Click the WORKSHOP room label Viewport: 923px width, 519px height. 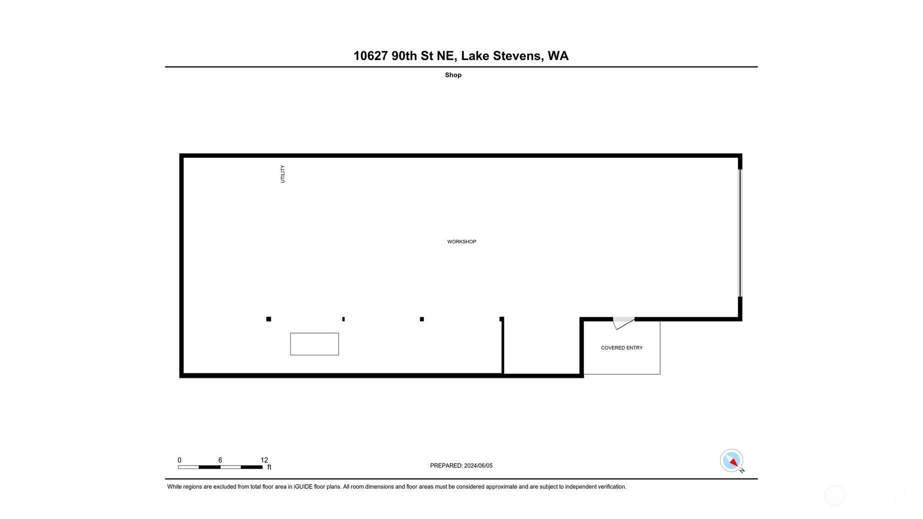(x=461, y=242)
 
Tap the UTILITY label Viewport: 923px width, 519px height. (x=282, y=174)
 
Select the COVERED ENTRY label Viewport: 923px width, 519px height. (x=622, y=348)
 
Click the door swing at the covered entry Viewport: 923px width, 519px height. (x=624, y=323)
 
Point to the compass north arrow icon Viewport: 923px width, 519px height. (x=732, y=461)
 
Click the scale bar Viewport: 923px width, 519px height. (x=220, y=467)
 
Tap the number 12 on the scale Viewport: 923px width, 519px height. (x=264, y=460)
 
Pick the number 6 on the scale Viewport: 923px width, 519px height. (x=220, y=460)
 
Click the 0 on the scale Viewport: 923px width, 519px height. (x=179, y=460)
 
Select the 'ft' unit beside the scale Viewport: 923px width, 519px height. (x=269, y=467)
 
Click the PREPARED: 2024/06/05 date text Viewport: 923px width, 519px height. (x=461, y=466)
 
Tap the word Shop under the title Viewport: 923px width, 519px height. (x=453, y=75)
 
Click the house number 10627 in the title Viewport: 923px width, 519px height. (x=371, y=56)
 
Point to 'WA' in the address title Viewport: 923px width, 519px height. (x=558, y=56)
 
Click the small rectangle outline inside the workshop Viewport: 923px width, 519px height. (x=314, y=344)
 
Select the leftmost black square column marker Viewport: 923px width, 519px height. (x=269, y=319)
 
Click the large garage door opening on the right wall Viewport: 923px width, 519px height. (x=740, y=233)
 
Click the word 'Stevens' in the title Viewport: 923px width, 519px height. (x=518, y=56)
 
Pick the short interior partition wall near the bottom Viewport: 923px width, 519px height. (x=503, y=346)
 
